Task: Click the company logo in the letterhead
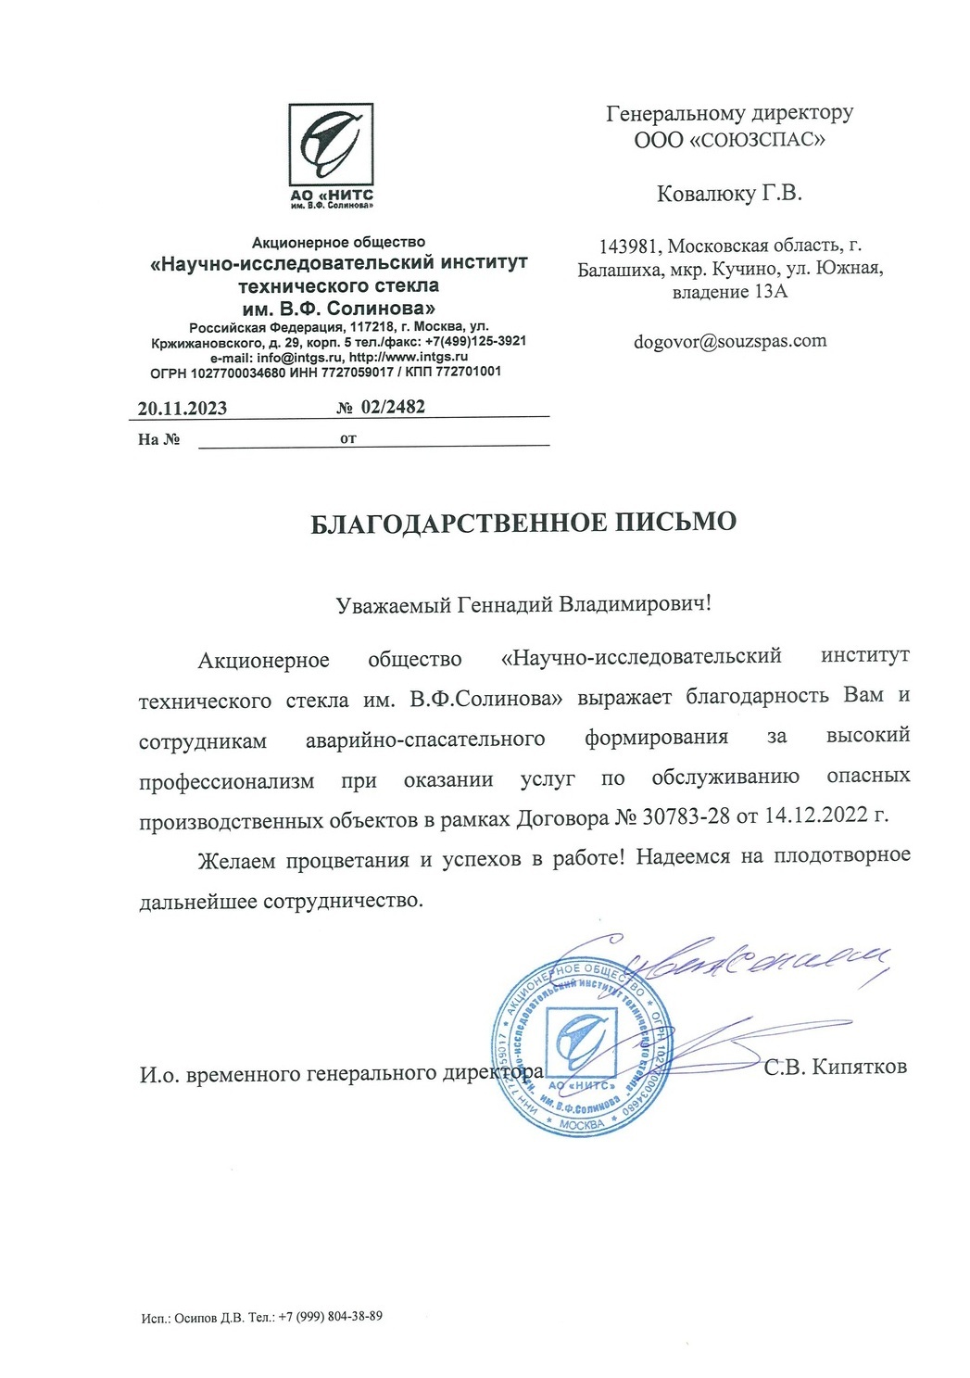pyautogui.click(x=331, y=145)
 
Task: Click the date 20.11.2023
pyautogui.click(x=183, y=409)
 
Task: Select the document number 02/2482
pyautogui.click(x=394, y=407)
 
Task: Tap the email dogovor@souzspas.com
pyautogui.click(x=730, y=341)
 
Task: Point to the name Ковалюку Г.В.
pyautogui.click(x=729, y=194)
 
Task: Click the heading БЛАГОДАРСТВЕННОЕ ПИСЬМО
pyautogui.click(x=523, y=523)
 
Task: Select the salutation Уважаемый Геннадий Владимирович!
pyautogui.click(x=523, y=604)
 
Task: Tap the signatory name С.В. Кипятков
pyautogui.click(x=835, y=1067)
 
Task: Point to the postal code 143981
pyautogui.click(x=630, y=247)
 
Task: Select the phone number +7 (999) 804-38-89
pyautogui.click(x=330, y=1317)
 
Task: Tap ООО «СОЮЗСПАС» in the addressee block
pyautogui.click(x=729, y=140)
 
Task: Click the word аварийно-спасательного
pyautogui.click(x=425, y=740)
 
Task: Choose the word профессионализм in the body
pyautogui.click(x=227, y=780)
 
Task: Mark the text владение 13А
pyautogui.click(x=729, y=293)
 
